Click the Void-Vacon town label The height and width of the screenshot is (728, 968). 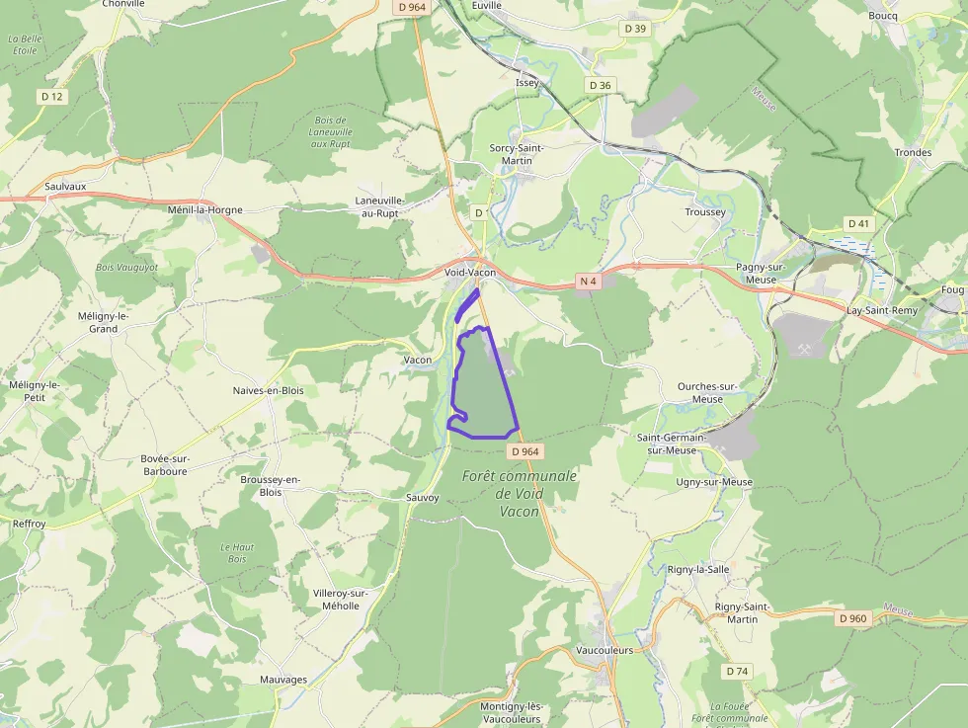point(469,273)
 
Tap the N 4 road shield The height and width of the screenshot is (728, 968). point(589,282)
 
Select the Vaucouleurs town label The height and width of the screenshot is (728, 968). point(604,651)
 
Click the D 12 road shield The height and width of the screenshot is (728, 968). point(52,96)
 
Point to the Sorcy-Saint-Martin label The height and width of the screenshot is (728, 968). point(518,154)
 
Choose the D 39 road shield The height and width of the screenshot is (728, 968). point(635,29)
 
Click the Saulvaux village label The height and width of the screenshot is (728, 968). point(65,186)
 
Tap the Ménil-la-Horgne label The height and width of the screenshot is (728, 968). point(204,209)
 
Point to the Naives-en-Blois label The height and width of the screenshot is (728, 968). point(268,390)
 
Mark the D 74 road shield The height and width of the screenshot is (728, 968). point(737,671)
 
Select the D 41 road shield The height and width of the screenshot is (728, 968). point(858,224)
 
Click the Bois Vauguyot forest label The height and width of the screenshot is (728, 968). point(126,268)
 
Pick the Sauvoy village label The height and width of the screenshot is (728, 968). point(422,497)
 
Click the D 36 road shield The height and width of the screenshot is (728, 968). point(600,86)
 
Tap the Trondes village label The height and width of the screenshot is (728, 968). point(913,152)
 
